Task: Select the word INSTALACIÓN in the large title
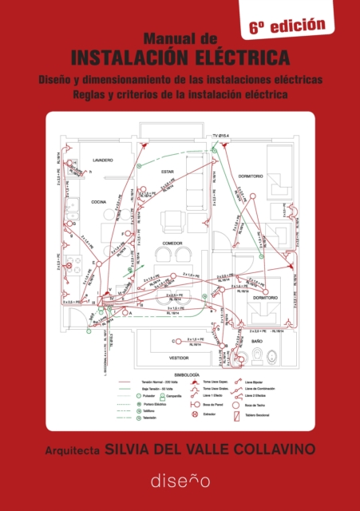pos(141,57)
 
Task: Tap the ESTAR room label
pos(168,172)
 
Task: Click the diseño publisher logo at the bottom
pos(180,481)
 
